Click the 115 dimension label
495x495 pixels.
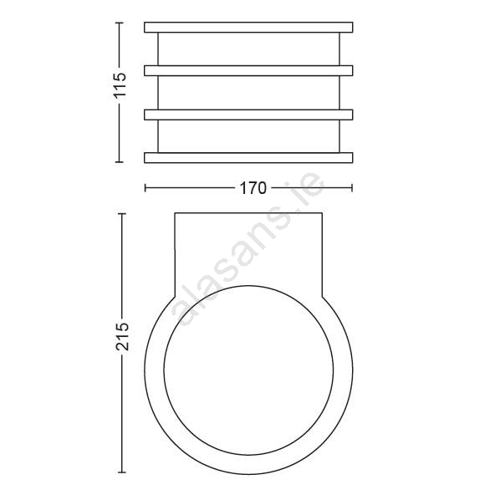[x=120, y=85]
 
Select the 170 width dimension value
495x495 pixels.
[x=253, y=188]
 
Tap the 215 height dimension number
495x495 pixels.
[x=122, y=336]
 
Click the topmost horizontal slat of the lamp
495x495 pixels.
[x=248, y=27]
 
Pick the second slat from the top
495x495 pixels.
[x=248, y=70]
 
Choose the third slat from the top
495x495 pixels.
[x=248, y=115]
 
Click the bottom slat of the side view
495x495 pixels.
[x=248, y=158]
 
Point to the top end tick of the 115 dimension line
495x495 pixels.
[x=119, y=23]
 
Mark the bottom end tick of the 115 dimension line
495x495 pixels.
[x=119, y=162]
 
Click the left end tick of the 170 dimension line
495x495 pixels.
[x=145, y=188]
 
